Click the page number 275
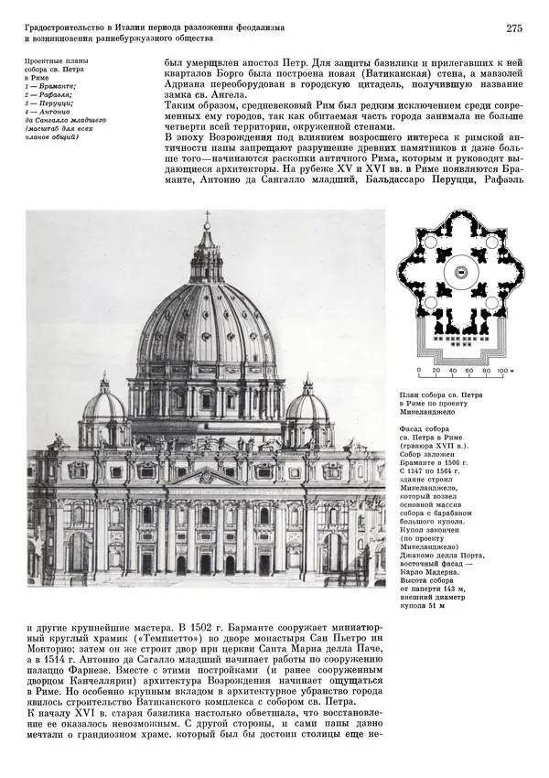513,28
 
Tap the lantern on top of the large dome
207,261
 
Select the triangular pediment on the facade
206,477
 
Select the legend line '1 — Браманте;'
50,85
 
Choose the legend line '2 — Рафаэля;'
49,94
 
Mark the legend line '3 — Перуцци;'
49,103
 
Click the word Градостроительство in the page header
65,29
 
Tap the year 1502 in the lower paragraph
235,630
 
